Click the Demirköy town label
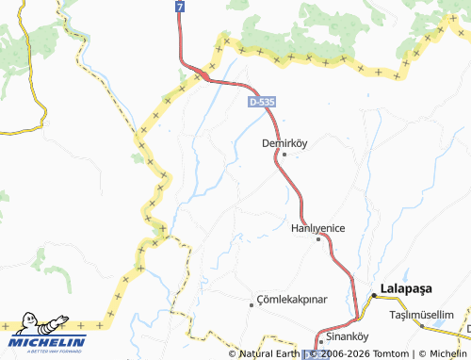284,143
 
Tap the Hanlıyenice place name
318,228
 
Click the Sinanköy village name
345,336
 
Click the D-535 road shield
263,101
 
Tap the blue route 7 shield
179,7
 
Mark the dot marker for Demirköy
284,155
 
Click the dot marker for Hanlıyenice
318,239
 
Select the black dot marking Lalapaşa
373,296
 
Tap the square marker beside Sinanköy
319,339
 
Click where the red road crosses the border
201,71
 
